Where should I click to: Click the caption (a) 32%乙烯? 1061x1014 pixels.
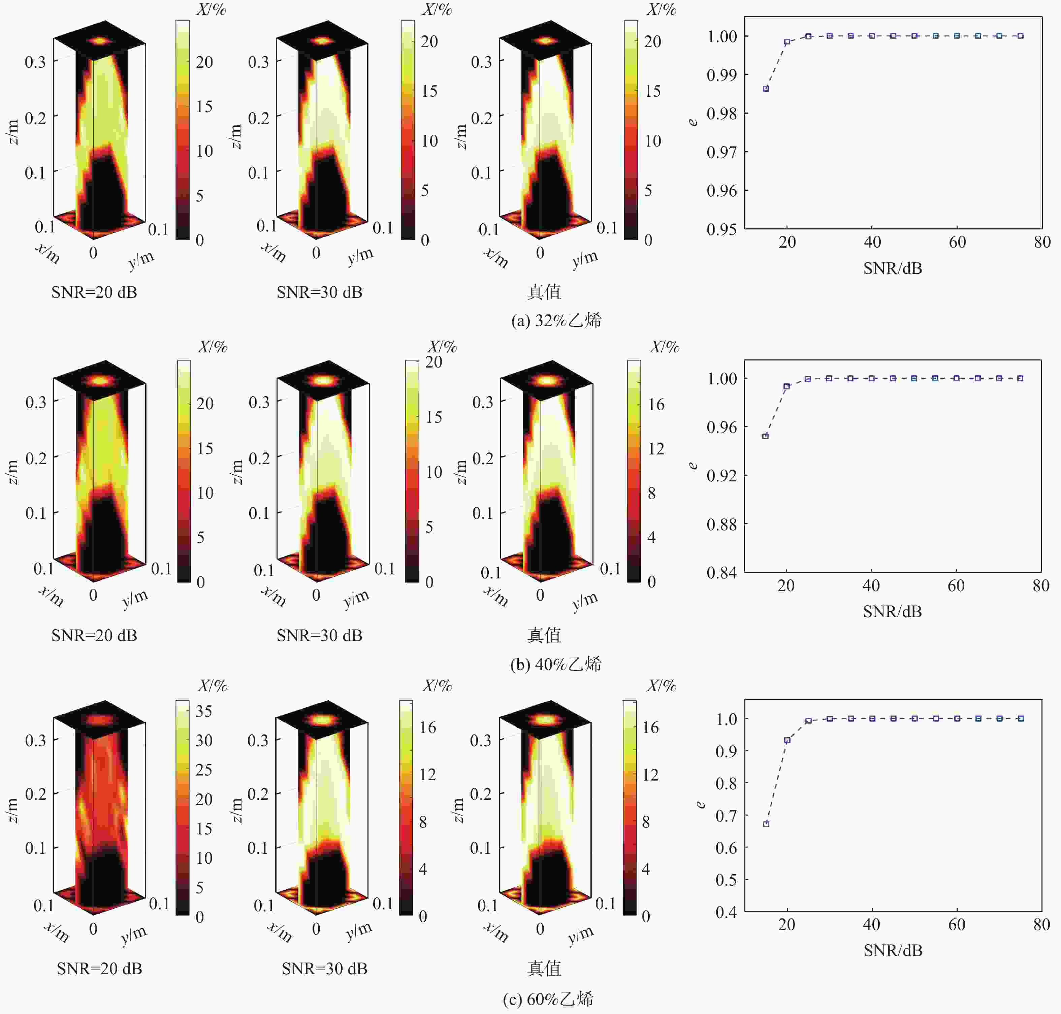[556, 320]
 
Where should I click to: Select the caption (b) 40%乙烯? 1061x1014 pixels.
[556, 664]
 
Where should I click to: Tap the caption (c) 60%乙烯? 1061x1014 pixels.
[549, 999]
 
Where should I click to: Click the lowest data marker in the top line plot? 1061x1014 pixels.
[766, 88]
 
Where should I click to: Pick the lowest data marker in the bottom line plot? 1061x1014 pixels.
[766, 824]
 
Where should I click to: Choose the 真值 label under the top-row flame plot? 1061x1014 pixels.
[544, 292]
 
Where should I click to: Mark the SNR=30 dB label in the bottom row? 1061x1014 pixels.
[324, 968]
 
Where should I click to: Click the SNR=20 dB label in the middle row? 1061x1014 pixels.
[94, 635]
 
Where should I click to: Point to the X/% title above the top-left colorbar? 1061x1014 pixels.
[211, 9]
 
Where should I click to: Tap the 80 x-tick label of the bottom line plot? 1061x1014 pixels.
[1041, 924]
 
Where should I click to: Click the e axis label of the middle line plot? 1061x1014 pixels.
[694, 465]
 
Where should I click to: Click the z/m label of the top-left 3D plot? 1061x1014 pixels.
[13, 132]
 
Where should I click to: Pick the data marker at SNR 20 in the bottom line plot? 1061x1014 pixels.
[787, 740]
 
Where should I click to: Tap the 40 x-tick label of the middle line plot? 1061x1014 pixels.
[871, 585]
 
